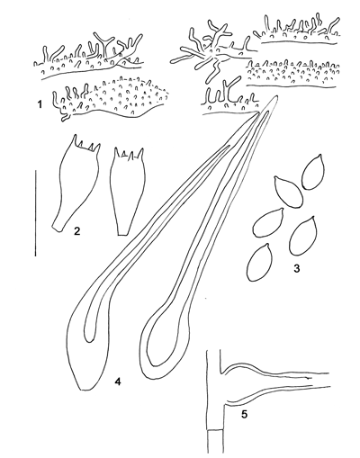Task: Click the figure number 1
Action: pos(39,104)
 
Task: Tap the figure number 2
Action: pos(77,231)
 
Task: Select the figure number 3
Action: pos(297,268)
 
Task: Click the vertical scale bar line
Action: pos(35,213)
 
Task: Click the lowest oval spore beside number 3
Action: pos(259,262)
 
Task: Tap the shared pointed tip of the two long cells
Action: pos(276,96)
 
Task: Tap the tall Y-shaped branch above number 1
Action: pos(104,44)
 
